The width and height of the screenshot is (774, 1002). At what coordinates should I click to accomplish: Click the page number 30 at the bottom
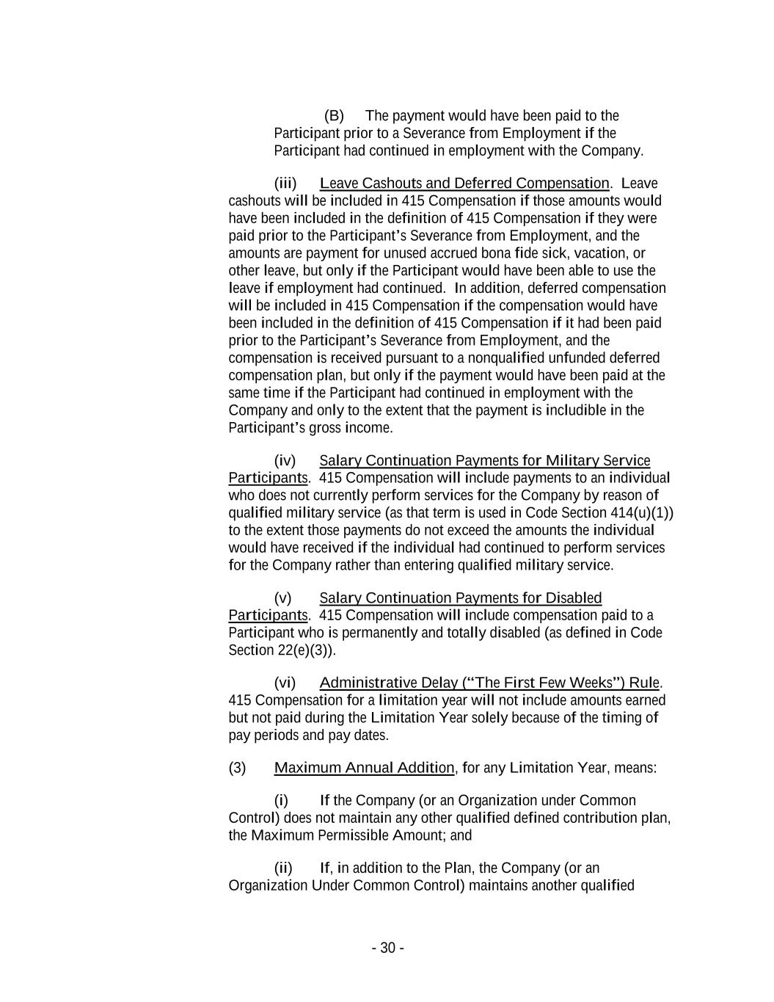pos(387,948)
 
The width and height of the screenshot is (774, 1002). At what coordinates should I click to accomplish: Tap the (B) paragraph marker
pos(334,116)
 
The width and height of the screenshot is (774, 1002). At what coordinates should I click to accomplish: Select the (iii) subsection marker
pos(285,184)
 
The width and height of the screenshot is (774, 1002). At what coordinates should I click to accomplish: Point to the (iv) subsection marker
pos(285,461)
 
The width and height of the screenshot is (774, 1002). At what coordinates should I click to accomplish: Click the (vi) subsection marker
pos(285,683)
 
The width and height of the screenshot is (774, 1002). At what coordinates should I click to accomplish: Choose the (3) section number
pos(238,768)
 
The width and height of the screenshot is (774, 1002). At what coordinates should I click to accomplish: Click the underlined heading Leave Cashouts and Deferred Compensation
pos(464,184)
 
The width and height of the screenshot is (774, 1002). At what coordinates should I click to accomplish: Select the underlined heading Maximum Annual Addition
pos(364,768)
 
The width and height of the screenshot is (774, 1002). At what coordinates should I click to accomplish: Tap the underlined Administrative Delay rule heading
pos(489,683)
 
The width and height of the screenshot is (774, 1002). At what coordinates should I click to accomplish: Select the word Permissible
pos(356,835)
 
